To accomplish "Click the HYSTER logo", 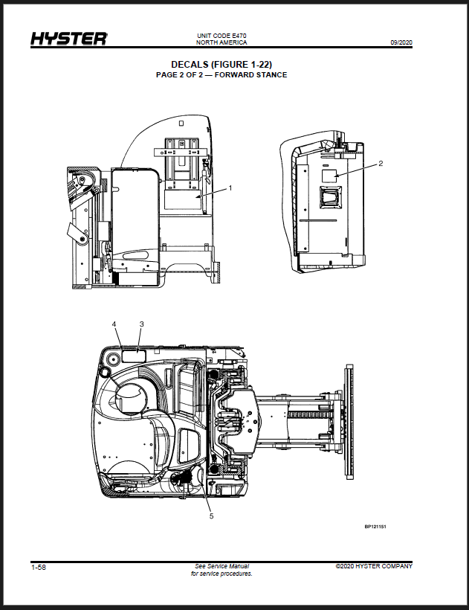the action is coord(69,39).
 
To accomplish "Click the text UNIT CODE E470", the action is coord(221,36).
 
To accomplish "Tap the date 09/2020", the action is coord(401,43).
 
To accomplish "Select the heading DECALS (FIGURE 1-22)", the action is coord(221,65).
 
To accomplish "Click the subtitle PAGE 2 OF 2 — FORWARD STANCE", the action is coord(221,74).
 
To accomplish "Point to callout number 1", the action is coord(230,188).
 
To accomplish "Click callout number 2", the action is coord(381,164).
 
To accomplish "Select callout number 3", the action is coord(142,324).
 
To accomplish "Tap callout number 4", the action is coord(114,324).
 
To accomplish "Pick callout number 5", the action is coord(211,516).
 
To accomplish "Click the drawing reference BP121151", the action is coord(375,527).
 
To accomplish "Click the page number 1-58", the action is coord(39,567).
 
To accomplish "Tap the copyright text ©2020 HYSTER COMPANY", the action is coord(374,566).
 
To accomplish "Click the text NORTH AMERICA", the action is coord(221,42).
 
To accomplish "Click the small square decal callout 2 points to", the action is coord(329,176).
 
